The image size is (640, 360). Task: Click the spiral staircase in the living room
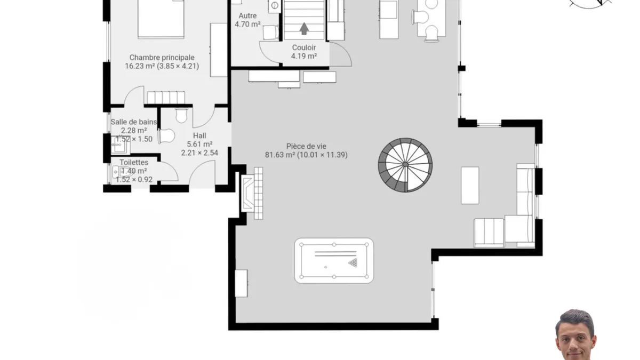[x=405, y=165]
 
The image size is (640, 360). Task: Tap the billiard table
[x=334, y=261]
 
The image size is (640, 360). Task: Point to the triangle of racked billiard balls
[x=353, y=262]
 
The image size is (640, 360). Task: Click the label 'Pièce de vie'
[x=306, y=146]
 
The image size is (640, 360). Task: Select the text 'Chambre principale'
[x=162, y=58]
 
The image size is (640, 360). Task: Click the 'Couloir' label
[x=304, y=47]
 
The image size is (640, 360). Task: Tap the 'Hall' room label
[x=199, y=135]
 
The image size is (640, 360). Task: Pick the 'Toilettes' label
[x=134, y=162]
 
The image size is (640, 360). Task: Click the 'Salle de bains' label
[x=134, y=122]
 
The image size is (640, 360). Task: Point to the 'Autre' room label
[x=247, y=15]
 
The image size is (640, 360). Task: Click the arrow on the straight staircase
[x=304, y=29]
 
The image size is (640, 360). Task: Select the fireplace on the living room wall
[x=247, y=194]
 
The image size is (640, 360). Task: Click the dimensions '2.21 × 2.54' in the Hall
[x=199, y=153]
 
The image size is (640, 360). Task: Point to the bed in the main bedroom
[x=161, y=19]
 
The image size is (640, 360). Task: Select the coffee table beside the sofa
[x=470, y=186]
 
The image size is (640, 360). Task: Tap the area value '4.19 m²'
[x=304, y=56]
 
